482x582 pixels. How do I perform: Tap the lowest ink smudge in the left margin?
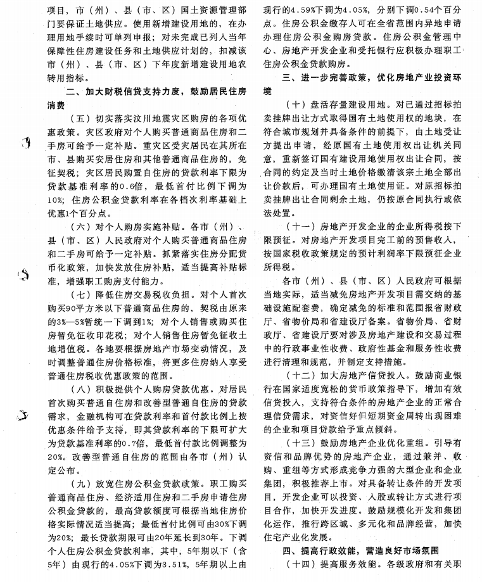pos(26,416)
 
